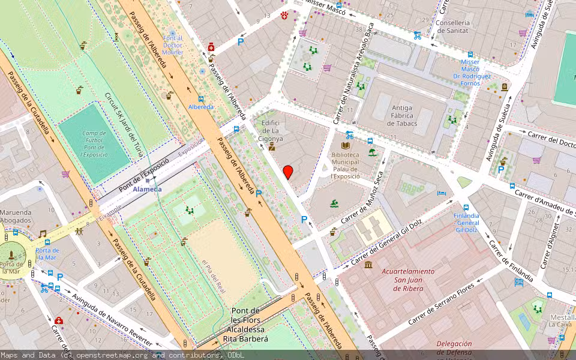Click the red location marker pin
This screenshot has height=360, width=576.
[288, 172]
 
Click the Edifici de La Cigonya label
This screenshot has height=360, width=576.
[271, 130]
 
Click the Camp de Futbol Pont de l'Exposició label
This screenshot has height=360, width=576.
[94, 144]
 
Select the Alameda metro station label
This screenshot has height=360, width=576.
[147, 189]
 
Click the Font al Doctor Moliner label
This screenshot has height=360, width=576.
[173, 45]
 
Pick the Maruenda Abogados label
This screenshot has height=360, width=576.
[16, 216]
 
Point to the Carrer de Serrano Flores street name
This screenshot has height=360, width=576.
[442, 304]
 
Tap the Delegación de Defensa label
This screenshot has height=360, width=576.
[454, 348]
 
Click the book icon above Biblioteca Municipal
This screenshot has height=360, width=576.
[345, 146]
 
